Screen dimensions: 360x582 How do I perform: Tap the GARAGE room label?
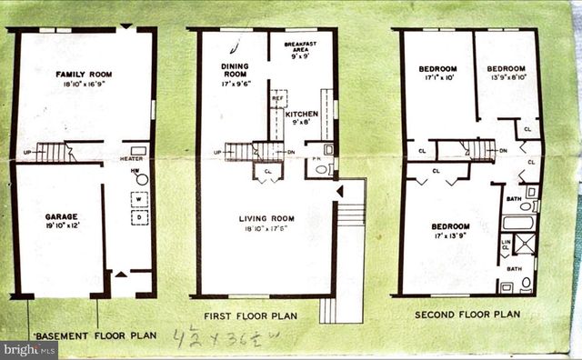point(61,216)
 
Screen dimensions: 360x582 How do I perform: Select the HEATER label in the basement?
point(133,158)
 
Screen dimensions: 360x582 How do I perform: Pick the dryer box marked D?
point(139,218)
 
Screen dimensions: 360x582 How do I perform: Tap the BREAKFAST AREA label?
point(299,44)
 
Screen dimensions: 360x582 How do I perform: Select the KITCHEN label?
point(301,115)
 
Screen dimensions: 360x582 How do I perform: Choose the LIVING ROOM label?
point(265,218)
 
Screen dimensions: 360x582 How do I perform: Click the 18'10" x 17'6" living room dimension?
point(265,229)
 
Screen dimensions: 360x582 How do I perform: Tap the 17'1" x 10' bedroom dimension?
point(436,78)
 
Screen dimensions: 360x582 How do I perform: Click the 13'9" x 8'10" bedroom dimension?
point(506,78)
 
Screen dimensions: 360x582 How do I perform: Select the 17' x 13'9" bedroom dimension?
point(450,235)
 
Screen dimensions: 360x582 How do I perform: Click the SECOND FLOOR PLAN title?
point(467,315)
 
